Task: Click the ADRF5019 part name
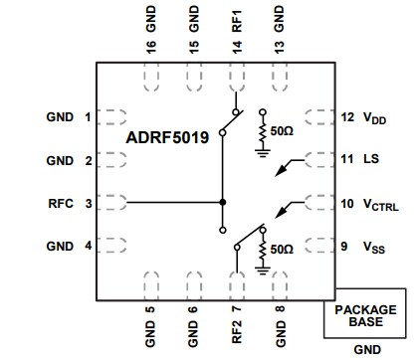click(167, 138)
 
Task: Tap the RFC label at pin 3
click(62, 203)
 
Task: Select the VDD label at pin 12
click(374, 117)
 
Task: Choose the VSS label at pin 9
click(374, 246)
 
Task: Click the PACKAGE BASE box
click(364, 315)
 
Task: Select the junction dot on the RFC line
click(222, 203)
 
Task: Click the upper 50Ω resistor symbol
click(262, 131)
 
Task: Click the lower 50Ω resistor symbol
click(262, 246)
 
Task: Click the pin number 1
click(88, 117)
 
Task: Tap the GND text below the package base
click(366, 350)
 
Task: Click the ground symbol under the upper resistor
click(262, 153)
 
